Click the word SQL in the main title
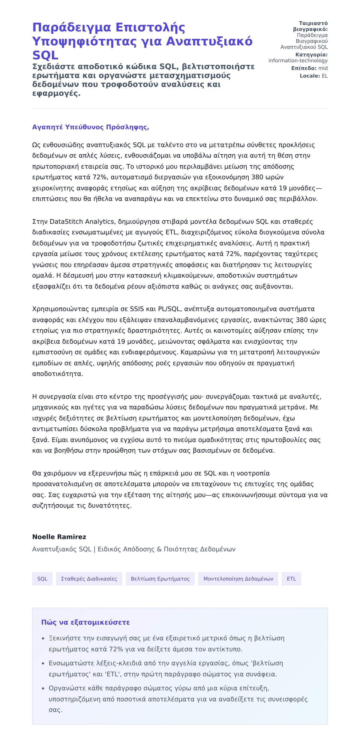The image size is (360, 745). coord(45,55)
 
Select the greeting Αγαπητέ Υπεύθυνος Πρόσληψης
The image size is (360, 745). coord(91,127)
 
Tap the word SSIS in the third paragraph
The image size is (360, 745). coord(137,309)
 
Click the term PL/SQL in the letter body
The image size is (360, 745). coord(169,309)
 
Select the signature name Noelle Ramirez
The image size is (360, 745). coord(59,537)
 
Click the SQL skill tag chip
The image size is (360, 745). coord(42,579)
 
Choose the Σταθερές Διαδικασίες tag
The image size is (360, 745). coord(89,579)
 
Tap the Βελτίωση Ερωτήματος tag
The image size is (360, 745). coord(160,579)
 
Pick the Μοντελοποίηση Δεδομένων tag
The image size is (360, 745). coord(238,579)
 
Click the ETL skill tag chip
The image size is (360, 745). coord(291,579)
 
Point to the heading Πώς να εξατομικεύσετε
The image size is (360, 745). coord(85,622)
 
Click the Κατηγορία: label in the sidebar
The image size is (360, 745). coord(311,55)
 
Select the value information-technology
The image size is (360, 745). coord(298,61)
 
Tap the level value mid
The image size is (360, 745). coord(323,68)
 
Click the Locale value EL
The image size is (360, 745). coord(325,76)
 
